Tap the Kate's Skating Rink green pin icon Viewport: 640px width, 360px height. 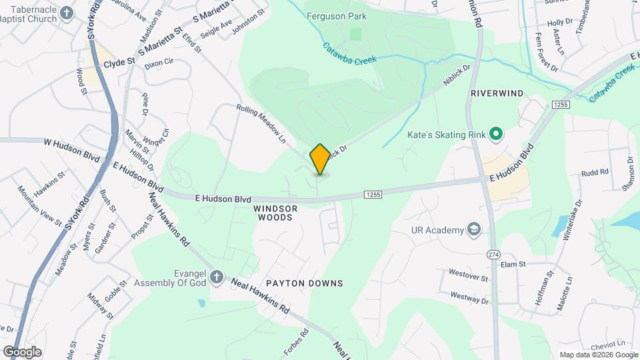point(495,135)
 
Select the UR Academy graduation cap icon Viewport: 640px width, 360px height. point(474,230)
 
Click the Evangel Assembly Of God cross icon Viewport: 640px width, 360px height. point(216,276)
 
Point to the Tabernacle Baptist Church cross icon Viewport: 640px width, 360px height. point(66,13)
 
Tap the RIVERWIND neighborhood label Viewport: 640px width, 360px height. point(497,93)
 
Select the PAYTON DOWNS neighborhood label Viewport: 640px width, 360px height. point(304,283)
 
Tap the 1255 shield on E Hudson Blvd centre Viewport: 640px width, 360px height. point(373,194)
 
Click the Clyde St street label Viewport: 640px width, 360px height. point(119,63)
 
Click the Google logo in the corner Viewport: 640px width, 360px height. point(22,351)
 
